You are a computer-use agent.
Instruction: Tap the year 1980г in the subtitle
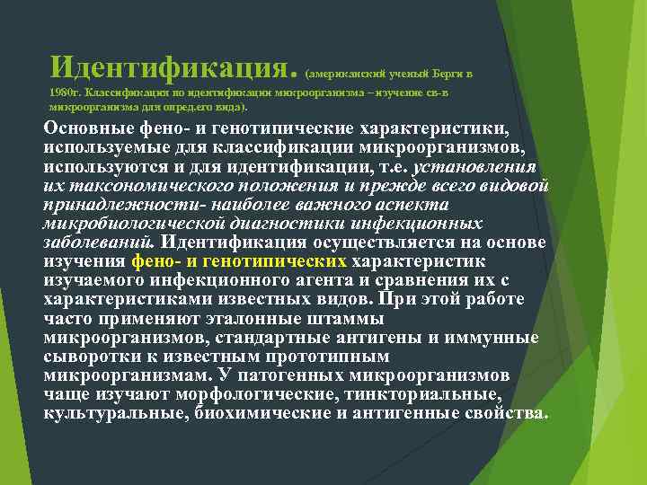[x=67, y=93]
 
